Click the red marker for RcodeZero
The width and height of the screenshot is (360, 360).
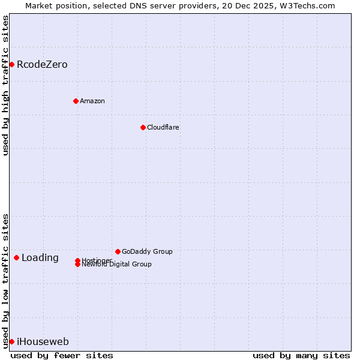point(11,64)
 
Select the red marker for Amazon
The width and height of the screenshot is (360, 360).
point(76,101)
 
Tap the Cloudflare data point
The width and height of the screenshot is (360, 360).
point(143,127)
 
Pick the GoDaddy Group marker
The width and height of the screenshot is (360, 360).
point(118,251)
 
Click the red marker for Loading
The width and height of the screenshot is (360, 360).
point(16,257)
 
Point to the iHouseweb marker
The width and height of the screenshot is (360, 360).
point(11,341)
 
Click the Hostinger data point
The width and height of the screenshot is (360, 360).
point(77,260)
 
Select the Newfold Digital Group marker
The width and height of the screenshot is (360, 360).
point(77,265)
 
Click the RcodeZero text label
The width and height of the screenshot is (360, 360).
point(42,65)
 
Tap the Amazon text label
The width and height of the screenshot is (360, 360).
point(92,101)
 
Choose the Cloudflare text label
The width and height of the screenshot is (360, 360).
point(163,127)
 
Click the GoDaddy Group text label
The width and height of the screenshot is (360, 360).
point(147,251)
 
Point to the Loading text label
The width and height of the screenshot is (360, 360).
point(40,258)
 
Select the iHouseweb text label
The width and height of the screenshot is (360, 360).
point(43,342)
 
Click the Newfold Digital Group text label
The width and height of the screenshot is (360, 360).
point(117,265)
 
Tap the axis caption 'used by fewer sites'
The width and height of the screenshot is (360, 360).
point(62,355)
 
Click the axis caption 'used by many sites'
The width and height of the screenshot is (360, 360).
point(301,355)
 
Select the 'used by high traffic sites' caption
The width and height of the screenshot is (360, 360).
point(5,85)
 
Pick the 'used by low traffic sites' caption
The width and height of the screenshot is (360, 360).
point(5,280)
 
